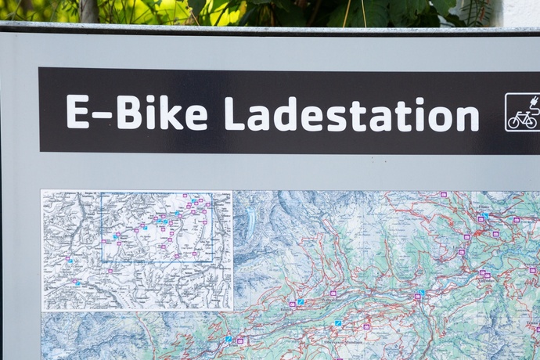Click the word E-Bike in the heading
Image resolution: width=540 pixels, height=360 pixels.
click(x=137, y=113)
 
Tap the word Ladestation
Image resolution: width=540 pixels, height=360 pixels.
click(x=351, y=114)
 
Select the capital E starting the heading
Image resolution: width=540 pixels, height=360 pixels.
click(x=77, y=112)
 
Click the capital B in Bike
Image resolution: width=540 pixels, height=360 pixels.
click(x=129, y=112)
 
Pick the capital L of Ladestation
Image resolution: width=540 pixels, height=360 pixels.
click(x=234, y=113)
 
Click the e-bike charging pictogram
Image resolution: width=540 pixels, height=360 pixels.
click(x=522, y=112)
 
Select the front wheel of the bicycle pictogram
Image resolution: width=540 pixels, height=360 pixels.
click(x=531, y=121)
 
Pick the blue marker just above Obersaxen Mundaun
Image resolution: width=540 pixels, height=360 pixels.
click(x=338, y=322)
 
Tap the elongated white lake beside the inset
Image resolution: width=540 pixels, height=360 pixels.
click(x=250, y=223)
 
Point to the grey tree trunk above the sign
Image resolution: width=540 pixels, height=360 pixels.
click(x=88, y=10)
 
